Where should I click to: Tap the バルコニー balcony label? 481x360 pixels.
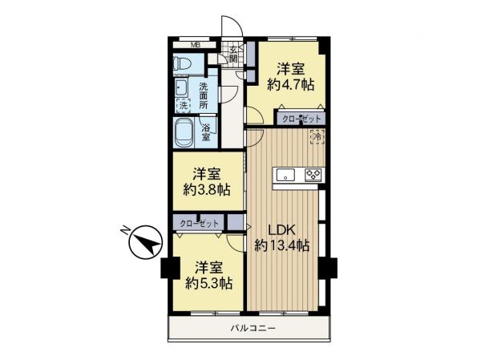pos(252,328)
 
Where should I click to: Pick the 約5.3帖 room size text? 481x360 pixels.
pos(209,283)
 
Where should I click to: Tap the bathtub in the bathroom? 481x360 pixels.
pos(184,131)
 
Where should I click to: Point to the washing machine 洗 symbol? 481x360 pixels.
pos(183,104)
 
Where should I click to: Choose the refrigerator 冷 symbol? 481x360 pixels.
pos(317,137)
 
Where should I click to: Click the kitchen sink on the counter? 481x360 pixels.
pos(287,174)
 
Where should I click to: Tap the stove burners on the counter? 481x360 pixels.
pos(311,174)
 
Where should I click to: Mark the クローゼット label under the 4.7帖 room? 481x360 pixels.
pos(301,119)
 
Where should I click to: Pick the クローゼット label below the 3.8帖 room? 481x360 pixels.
pos(199,222)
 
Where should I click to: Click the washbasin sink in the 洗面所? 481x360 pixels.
pos(181,87)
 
